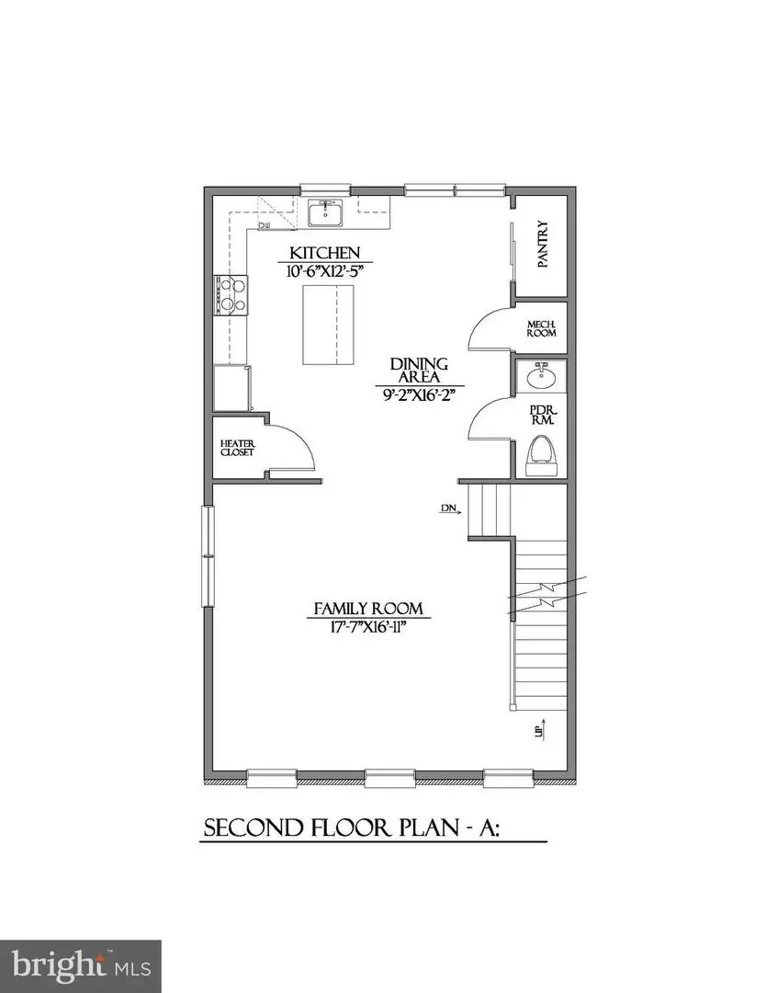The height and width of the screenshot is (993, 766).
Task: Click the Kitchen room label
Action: pos(324,253)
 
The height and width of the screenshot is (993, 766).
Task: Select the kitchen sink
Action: pos(325,214)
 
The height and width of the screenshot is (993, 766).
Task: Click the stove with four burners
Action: pos(231,295)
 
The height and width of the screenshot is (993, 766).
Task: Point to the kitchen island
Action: pos(328,325)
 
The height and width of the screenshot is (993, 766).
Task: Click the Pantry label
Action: pos(543,244)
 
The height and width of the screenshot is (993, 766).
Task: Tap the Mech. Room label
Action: pos(541,329)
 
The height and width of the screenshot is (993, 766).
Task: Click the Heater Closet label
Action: pos(236,448)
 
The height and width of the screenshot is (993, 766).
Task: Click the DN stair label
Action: pos(448,507)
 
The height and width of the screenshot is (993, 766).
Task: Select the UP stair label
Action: pos(541,731)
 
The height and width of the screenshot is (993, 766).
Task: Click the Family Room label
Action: pos(368,608)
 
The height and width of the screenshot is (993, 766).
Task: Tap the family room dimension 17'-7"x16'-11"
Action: pos(368,628)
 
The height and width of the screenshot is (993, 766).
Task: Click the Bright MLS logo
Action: pos(80,965)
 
